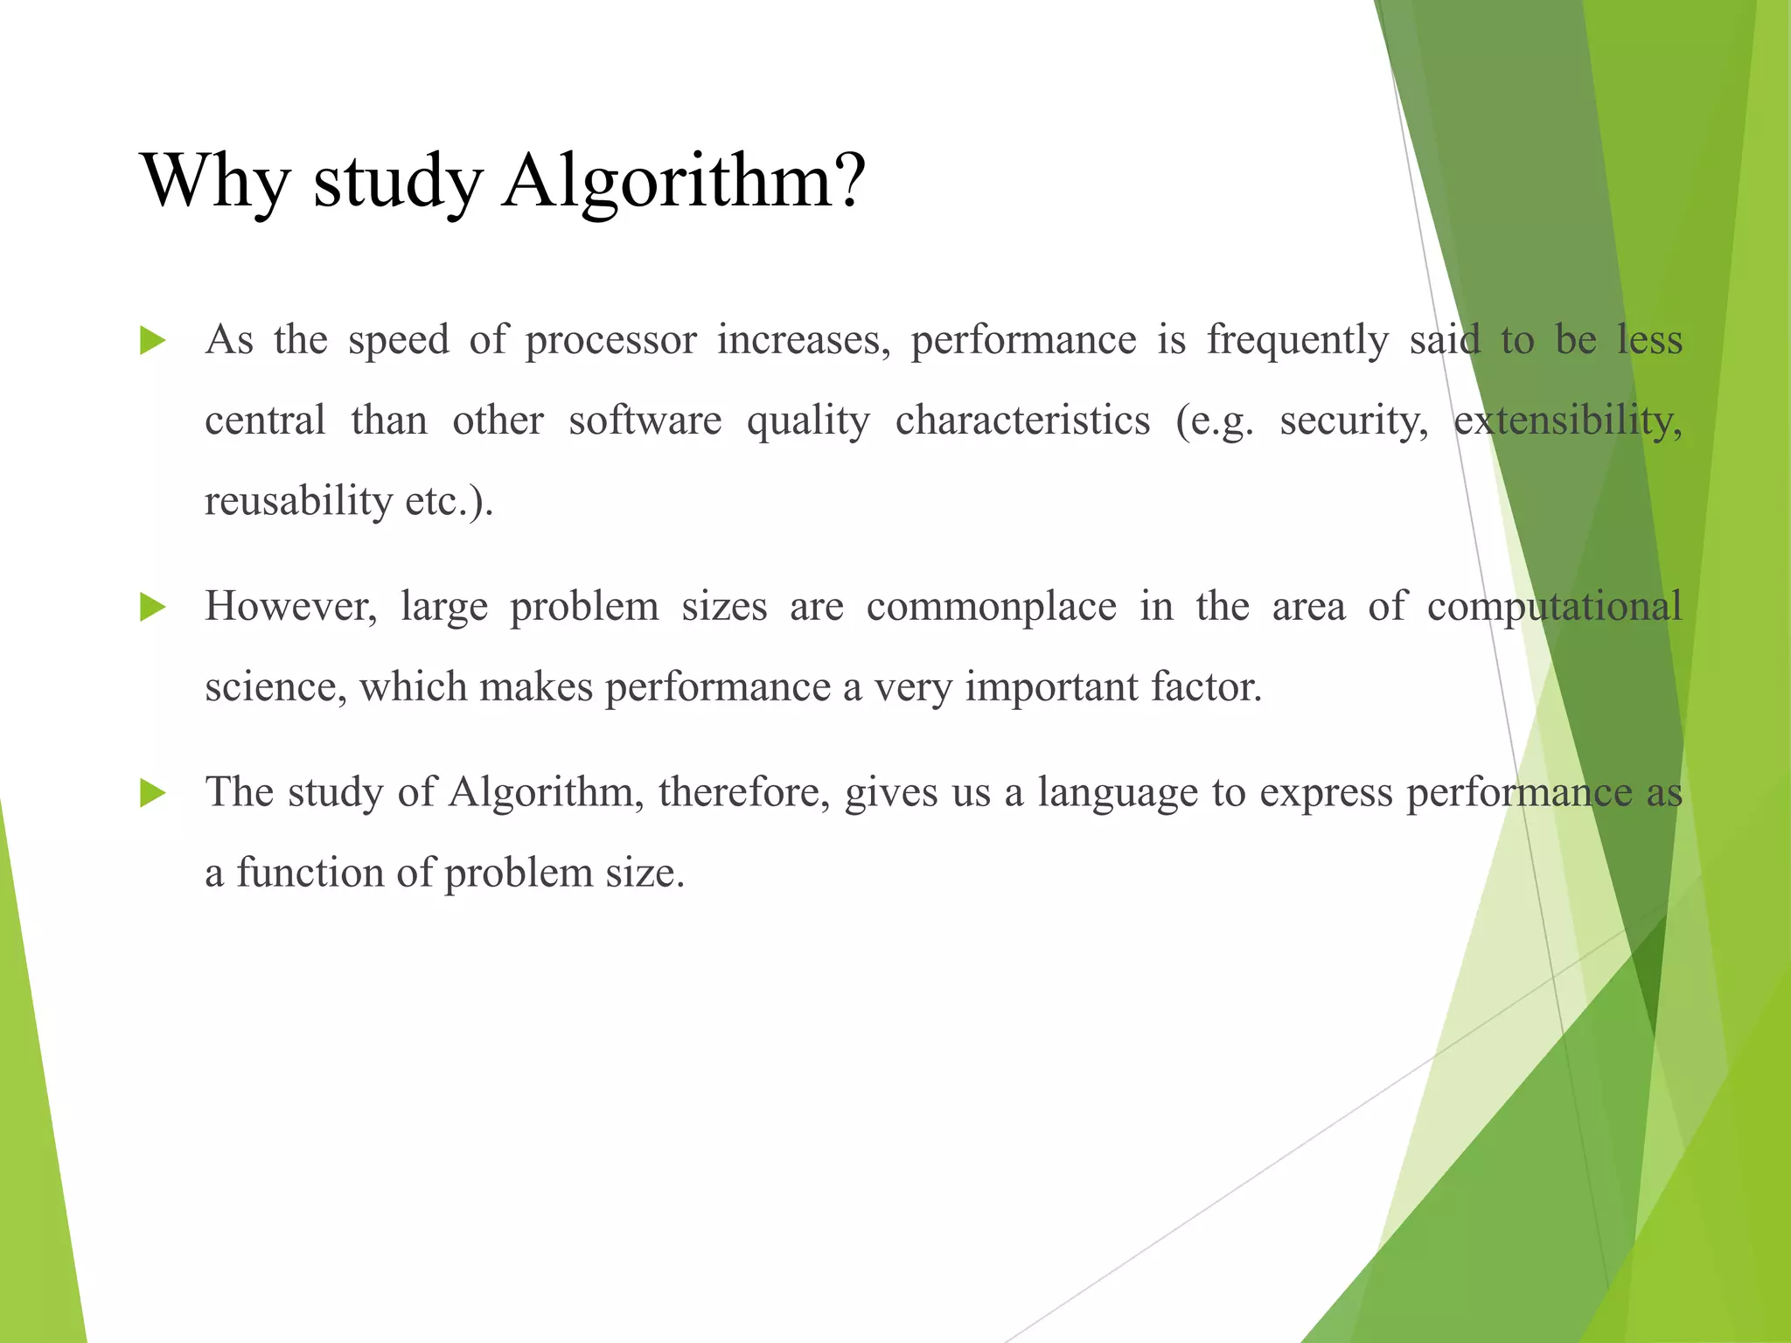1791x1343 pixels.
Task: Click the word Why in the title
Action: [x=214, y=181]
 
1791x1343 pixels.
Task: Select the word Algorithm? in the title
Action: [x=683, y=181]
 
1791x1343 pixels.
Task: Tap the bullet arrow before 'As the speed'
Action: [x=152, y=341]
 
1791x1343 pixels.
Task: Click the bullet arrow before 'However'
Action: [x=152, y=608]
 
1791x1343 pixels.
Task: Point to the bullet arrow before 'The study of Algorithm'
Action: [x=152, y=794]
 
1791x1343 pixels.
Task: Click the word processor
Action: [x=610, y=341]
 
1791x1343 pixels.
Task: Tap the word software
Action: [x=645, y=421]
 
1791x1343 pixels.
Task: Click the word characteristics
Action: [x=1022, y=421]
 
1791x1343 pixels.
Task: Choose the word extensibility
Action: [x=1567, y=421]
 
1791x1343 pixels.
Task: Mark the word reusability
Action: [x=298, y=502]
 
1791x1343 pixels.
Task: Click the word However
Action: [x=290, y=607]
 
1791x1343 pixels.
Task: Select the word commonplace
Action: [x=991, y=608]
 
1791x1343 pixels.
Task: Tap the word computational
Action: [x=1554, y=608]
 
